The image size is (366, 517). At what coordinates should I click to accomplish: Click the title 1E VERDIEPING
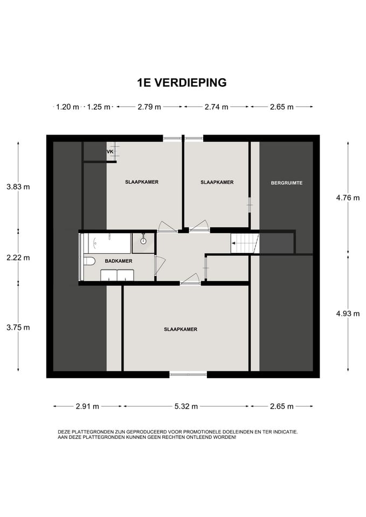182,82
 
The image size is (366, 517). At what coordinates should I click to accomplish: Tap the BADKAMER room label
119,261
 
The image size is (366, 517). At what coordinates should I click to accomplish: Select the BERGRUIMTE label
286,183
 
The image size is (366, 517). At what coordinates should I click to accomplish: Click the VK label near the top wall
110,152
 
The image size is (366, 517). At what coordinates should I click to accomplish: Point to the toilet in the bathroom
89,261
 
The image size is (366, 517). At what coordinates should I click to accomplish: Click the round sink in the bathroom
143,241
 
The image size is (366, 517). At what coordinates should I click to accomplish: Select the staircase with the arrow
245,243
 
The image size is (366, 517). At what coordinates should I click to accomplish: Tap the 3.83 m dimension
18,187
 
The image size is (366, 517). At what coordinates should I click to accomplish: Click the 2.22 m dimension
18,257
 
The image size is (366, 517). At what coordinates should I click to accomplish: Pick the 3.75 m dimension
18,327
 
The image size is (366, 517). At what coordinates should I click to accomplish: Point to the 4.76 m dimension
348,198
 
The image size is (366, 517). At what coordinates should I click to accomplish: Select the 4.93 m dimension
348,313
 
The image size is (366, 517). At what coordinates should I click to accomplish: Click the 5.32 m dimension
186,406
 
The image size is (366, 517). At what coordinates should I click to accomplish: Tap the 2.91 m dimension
87,406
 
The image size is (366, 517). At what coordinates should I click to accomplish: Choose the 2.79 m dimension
149,107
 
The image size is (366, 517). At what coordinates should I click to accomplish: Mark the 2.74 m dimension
216,107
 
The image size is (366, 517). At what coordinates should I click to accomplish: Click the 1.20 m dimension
68,107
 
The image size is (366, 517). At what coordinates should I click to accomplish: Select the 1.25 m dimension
99,107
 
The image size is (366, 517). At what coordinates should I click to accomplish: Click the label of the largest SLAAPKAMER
181,329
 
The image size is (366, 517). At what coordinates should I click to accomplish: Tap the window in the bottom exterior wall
188,374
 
